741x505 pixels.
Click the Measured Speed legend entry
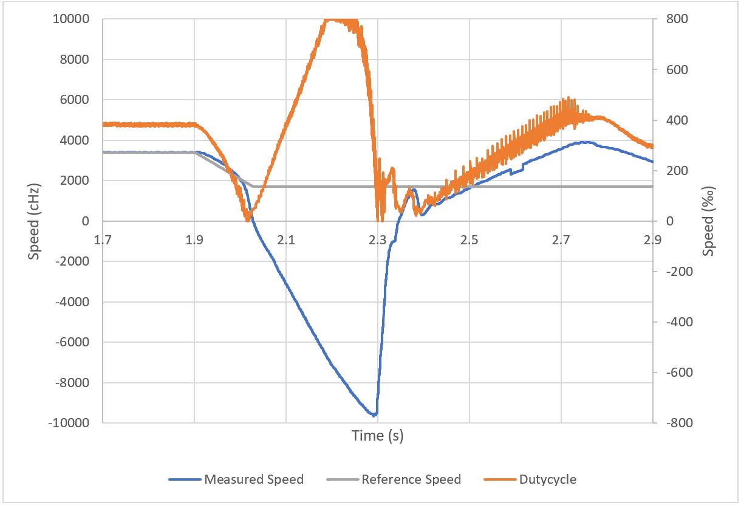pos(253,479)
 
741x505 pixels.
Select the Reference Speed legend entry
pos(411,479)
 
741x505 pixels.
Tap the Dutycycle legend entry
pos(547,479)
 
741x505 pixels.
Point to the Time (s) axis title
pos(377,436)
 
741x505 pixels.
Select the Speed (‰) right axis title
pos(709,221)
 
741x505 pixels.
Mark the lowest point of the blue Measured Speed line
pos(374,415)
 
